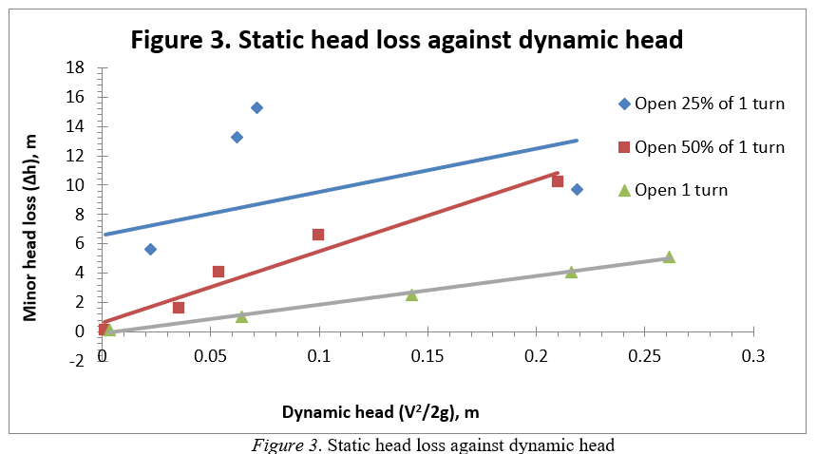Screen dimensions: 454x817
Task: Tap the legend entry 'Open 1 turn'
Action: click(x=681, y=190)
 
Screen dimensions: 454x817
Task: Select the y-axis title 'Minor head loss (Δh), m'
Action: click(x=30, y=227)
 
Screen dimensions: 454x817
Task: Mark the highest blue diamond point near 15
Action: click(x=256, y=107)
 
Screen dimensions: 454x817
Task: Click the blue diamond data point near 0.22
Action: click(x=577, y=189)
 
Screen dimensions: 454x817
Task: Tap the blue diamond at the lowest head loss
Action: click(x=150, y=249)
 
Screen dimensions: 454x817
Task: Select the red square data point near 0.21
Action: click(x=558, y=180)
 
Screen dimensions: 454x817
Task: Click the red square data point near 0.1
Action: click(x=318, y=234)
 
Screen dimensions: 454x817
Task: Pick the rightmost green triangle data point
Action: click(x=669, y=256)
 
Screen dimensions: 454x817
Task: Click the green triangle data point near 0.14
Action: click(x=411, y=294)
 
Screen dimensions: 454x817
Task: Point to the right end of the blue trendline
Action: click(x=577, y=141)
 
